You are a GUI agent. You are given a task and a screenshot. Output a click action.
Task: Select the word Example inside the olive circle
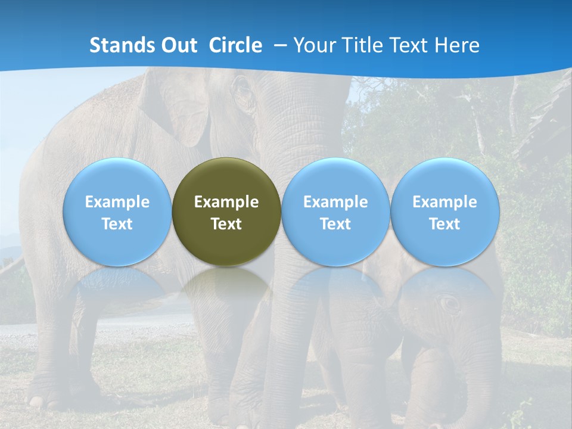(226, 202)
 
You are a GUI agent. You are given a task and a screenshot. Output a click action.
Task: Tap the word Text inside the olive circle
(226, 224)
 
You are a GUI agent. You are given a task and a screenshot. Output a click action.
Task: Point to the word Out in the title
(177, 45)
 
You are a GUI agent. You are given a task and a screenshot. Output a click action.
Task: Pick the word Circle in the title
(235, 45)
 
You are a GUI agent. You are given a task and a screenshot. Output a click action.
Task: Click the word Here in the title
(458, 45)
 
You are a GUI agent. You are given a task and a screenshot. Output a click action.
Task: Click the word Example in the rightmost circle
(444, 202)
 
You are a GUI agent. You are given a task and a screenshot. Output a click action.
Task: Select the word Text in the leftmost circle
(117, 224)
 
